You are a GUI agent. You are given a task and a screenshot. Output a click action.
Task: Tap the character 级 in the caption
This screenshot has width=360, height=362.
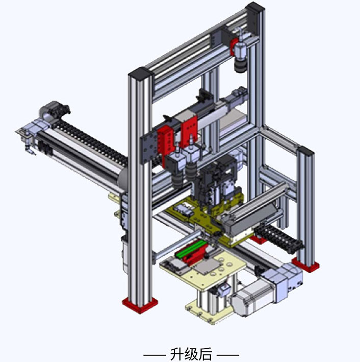click(191, 354)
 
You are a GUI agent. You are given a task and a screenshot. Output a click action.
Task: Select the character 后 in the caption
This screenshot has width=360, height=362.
click(205, 354)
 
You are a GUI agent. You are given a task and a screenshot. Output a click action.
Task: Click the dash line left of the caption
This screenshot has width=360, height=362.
click(154, 354)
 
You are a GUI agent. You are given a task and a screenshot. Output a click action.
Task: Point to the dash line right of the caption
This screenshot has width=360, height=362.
click(228, 354)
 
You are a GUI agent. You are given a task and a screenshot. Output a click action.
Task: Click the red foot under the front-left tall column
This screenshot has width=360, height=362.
click(140, 305)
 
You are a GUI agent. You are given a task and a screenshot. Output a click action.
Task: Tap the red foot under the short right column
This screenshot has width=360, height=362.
click(305, 266)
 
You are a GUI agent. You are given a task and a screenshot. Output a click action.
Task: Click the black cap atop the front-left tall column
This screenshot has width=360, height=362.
click(140, 74)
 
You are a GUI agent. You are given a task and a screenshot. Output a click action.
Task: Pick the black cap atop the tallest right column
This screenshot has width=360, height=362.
click(254, 8)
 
